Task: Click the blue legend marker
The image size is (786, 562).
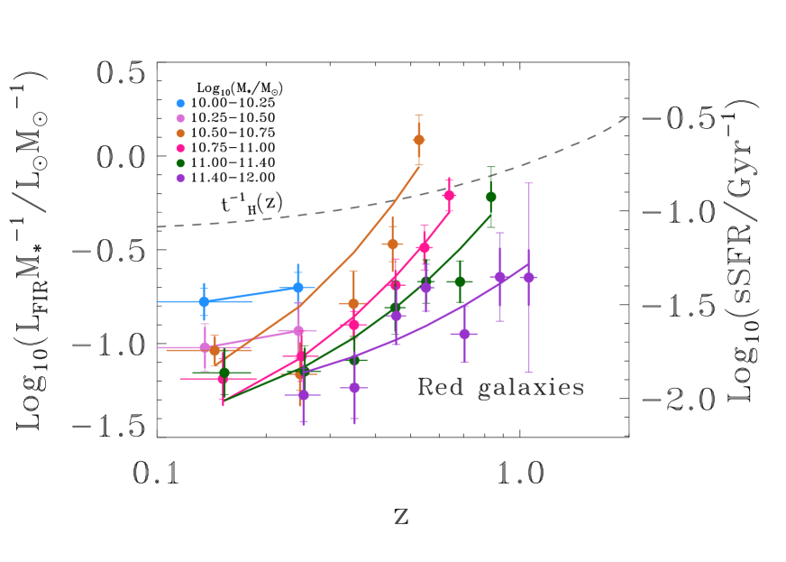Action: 180,104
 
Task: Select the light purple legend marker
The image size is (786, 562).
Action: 180,118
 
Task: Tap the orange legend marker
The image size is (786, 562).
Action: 180,134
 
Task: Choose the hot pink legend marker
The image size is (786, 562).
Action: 180,148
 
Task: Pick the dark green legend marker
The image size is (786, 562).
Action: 180,163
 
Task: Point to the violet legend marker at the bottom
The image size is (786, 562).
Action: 180,178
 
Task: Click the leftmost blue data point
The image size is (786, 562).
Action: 204,301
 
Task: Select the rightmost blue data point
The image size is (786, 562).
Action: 298,287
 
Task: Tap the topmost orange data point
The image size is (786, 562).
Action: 419,140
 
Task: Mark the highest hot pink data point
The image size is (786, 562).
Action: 449,195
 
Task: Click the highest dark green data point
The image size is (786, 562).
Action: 491,197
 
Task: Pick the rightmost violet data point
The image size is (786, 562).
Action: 529,278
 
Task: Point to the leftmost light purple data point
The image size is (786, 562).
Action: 206,347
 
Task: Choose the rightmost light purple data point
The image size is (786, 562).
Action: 298,331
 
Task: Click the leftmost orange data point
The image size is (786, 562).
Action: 215,350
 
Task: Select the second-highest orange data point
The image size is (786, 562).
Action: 393,244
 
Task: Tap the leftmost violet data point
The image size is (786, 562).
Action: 304,395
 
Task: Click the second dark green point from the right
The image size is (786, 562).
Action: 460,281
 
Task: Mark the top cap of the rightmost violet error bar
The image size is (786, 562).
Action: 529,183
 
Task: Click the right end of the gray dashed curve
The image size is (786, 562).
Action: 626,117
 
